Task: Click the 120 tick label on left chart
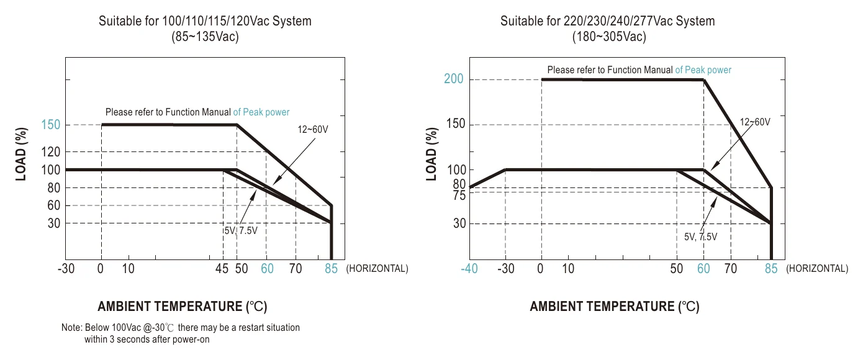51,152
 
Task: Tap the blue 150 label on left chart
51,125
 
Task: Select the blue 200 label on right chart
453,79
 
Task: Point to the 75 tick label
459,196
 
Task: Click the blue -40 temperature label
469,268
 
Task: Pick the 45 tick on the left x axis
222,268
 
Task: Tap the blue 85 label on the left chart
331,268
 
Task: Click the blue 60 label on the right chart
703,268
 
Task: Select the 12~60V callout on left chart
313,129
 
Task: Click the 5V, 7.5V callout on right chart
701,236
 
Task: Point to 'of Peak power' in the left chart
261,112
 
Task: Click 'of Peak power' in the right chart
703,70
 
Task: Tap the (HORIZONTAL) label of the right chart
817,268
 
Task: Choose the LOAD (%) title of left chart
21,154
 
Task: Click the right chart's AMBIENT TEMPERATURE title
615,307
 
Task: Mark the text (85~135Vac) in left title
205,37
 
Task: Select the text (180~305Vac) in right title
609,37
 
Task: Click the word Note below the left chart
71,328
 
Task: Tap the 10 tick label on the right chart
568,268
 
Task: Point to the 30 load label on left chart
54,223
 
